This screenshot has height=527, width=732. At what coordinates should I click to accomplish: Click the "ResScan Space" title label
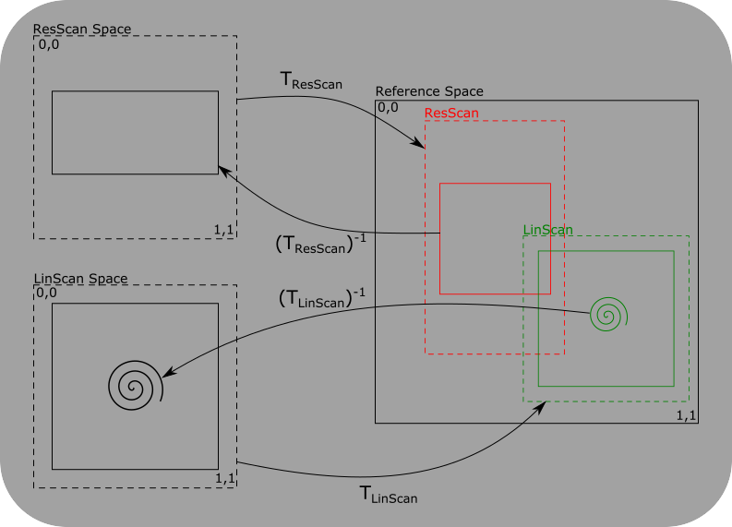pyautogui.click(x=82, y=29)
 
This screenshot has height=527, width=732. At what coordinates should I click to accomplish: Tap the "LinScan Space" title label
pyautogui.click(x=80, y=278)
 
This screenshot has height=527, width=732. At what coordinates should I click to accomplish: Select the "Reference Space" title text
pyautogui.click(x=429, y=91)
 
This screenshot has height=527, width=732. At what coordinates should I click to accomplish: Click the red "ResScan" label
pyautogui.click(x=451, y=113)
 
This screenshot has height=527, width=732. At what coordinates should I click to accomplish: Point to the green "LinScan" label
pyautogui.click(x=547, y=229)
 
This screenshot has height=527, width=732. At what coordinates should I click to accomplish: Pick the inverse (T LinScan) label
pyautogui.click(x=322, y=298)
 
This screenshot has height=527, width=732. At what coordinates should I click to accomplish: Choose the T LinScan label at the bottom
pyautogui.click(x=388, y=495)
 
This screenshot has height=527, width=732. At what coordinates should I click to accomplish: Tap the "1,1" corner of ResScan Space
pyautogui.click(x=223, y=228)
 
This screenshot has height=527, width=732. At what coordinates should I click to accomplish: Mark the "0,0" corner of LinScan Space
pyautogui.click(x=48, y=293)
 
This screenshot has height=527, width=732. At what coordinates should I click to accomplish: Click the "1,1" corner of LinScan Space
pyautogui.click(x=224, y=478)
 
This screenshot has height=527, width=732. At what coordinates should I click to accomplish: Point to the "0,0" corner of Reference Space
pyautogui.click(x=389, y=107)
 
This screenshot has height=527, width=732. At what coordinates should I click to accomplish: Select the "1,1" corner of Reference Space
pyautogui.click(x=686, y=415)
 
